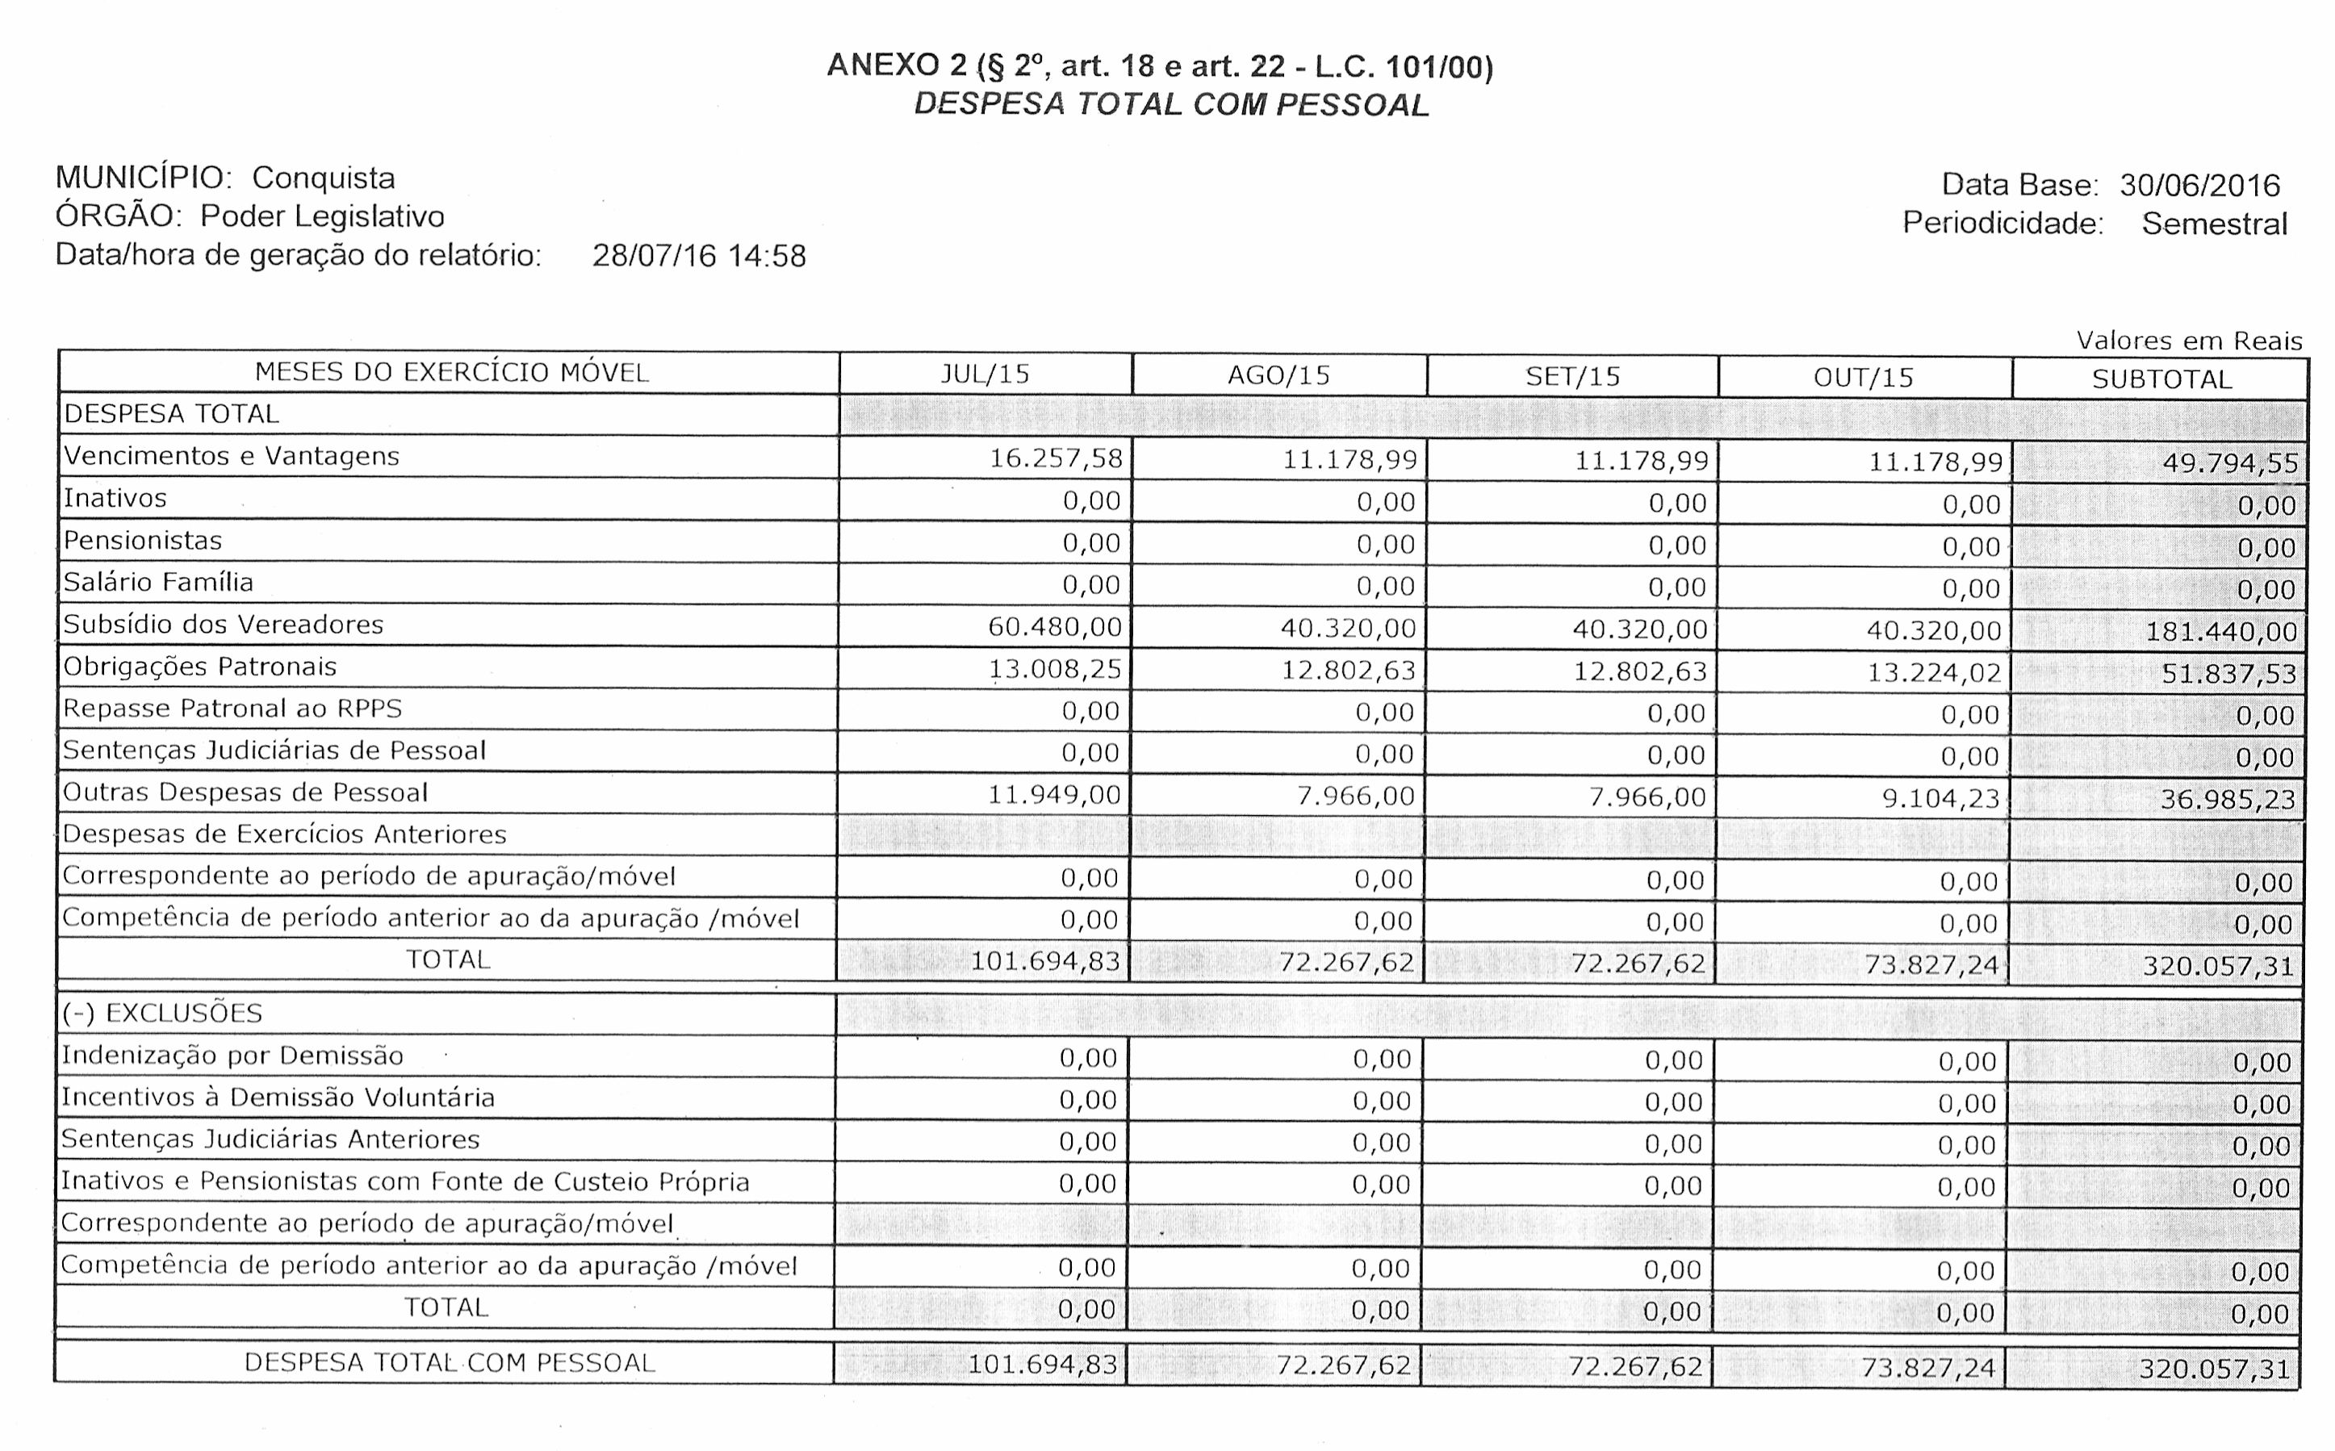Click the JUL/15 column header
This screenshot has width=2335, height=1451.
pyautogui.click(x=985, y=374)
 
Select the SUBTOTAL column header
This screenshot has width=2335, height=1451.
pyautogui.click(x=2161, y=379)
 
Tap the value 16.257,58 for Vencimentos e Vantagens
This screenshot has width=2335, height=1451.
pyautogui.click(x=1056, y=458)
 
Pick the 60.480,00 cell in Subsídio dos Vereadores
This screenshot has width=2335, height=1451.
pyautogui.click(x=1055, y=627)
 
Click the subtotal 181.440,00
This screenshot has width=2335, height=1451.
pyautogui.click(x=2221, y=631)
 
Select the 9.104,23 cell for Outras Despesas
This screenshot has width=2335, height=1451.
pyautogui.click(x=1940, y=798)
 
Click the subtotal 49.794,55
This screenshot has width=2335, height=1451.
pyautogui.click(x=2229, y=463)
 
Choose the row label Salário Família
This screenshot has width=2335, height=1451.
pyautogui.click(x=158, y=583)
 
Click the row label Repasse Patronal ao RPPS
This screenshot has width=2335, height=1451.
pyautogui.click(x=232, y=709)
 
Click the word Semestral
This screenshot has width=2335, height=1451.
pyautogui.click(x=2214, y=224)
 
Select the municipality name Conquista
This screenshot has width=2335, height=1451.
pyautogui.click(x=324, y=178)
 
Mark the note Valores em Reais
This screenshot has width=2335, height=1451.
pyautogui.click(x=2188, y=341)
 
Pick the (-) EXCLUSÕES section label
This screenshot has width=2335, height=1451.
pyautogui.click(x=162, y=1014)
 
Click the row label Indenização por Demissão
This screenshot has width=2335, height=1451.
pyautogui.click(x=232, y=1056)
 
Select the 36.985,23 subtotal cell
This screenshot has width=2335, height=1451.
pyautogui.click(x=2227, y=800)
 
